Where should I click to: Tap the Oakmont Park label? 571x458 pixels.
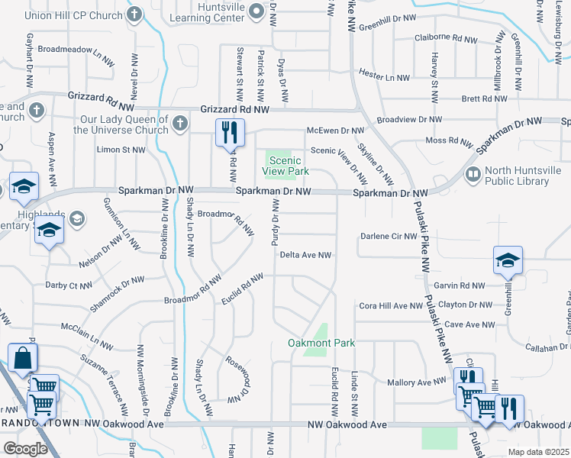coord(321,343)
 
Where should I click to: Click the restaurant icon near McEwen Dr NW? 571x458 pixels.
coord(229,134)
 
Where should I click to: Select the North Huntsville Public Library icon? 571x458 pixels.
coord(473,175)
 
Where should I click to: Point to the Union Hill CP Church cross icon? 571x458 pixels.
coord(134,14)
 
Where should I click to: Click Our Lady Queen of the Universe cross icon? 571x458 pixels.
coord(179,122)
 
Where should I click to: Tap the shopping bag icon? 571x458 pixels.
coord(23,357)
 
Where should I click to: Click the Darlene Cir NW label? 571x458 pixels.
coord(389,236)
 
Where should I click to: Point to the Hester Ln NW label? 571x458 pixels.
coord(385,77)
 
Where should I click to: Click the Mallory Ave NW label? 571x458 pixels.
coord(416,381)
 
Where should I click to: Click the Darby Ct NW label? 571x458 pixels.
coord(74,285)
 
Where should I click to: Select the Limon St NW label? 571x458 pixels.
coord(121,150)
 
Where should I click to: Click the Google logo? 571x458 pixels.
coord(25,449)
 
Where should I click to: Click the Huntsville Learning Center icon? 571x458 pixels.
coord(255,9)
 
